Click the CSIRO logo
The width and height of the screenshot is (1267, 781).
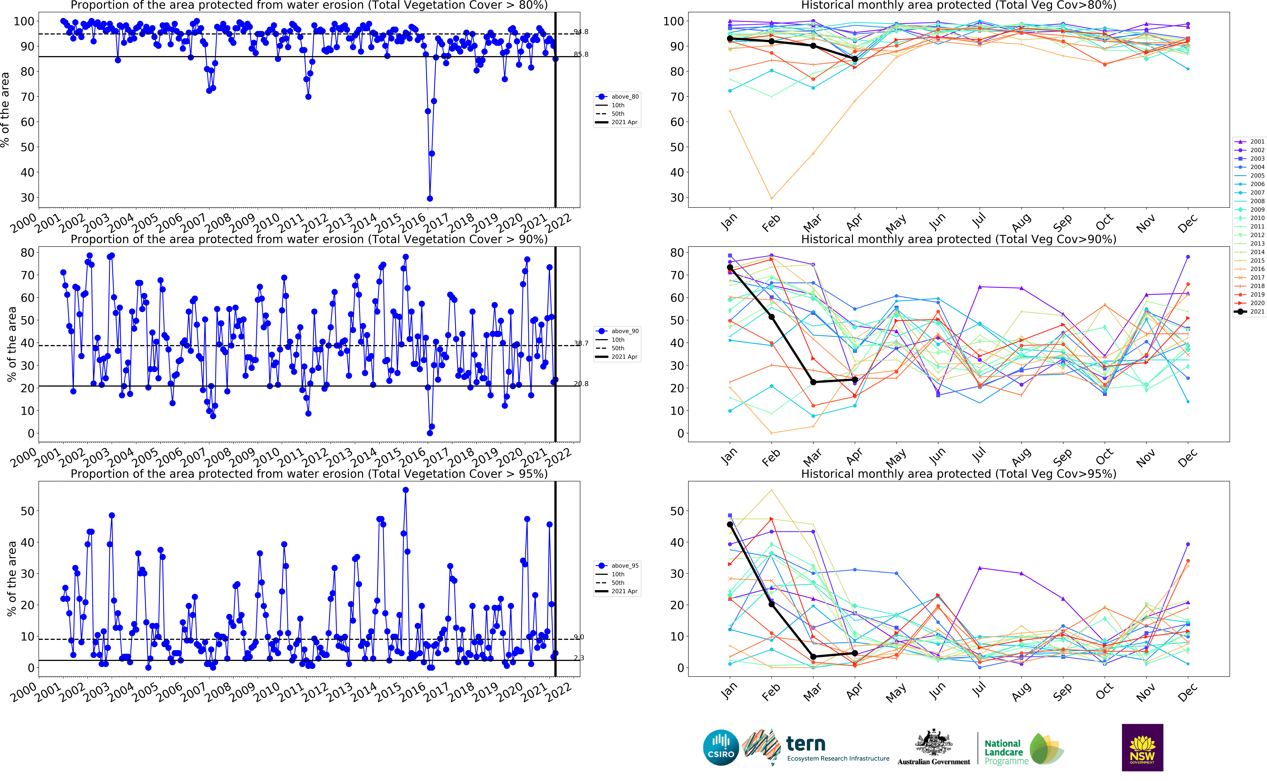click(721, 747)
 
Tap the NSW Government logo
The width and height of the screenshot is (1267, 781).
click(1142, 747)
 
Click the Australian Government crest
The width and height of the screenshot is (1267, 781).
click(934, 744)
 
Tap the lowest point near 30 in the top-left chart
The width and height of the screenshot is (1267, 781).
click(430, 198)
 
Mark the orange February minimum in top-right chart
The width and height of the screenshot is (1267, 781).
click(771, 198)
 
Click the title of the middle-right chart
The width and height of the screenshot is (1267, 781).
click(958, 239)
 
